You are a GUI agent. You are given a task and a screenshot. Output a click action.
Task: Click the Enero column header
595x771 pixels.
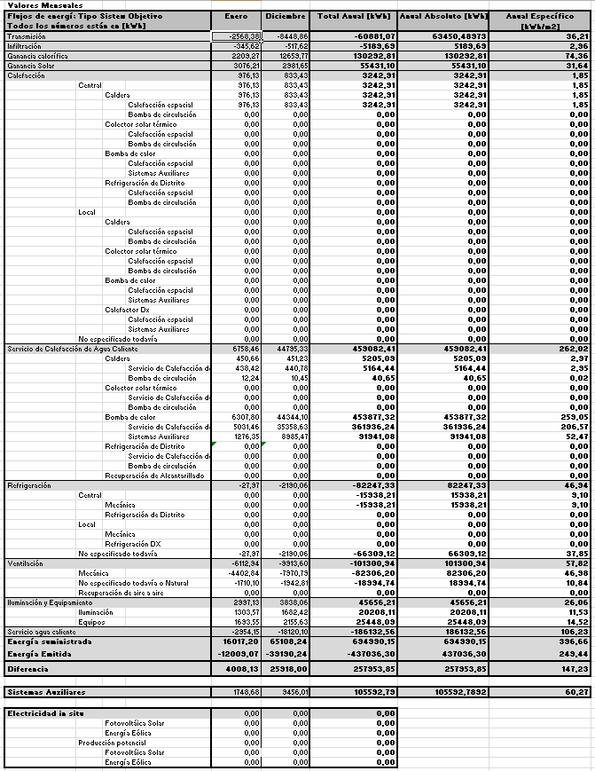[x=237, y=17]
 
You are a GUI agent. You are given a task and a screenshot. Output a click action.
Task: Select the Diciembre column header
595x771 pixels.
[x=286, y=17]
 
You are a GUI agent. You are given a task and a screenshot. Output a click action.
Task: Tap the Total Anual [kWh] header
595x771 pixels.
[x=354, y=17]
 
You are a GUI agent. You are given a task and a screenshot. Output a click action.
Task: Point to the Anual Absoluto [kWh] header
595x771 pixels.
[x=444, y=17]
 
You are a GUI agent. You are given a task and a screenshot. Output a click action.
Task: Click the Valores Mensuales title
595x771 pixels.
[x=33, y=5]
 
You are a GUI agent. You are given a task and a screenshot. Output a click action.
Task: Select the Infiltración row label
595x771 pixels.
[x=24, y=46]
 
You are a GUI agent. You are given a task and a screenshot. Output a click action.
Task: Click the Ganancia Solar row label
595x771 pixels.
[x=29, y=66]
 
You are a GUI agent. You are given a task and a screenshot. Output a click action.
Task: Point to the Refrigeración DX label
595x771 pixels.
[x=133, y=544]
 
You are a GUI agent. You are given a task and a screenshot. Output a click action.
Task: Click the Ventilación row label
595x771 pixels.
[x=25, y=563]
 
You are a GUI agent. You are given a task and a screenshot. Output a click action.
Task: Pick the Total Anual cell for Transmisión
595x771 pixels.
[x=354, y=36]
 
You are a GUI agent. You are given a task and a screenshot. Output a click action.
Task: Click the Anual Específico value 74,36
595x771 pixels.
[x=577, y=56]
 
